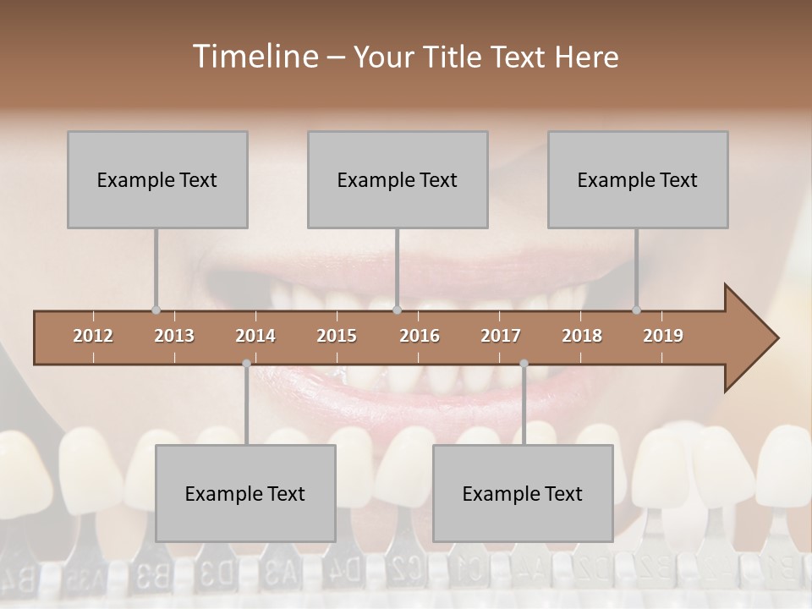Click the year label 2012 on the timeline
93,336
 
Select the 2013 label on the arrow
174,336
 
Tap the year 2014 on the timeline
255,336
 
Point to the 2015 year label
337,336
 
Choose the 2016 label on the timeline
420,336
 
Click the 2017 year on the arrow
501,336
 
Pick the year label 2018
582,336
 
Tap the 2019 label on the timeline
663,336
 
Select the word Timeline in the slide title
254,56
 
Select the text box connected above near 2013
157,179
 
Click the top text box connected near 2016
398,179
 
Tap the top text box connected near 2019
638,179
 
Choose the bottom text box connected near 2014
245,493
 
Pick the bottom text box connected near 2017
523,493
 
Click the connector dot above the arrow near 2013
156,310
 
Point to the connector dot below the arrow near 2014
246,364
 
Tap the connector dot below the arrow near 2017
524,364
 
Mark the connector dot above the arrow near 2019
636,310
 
